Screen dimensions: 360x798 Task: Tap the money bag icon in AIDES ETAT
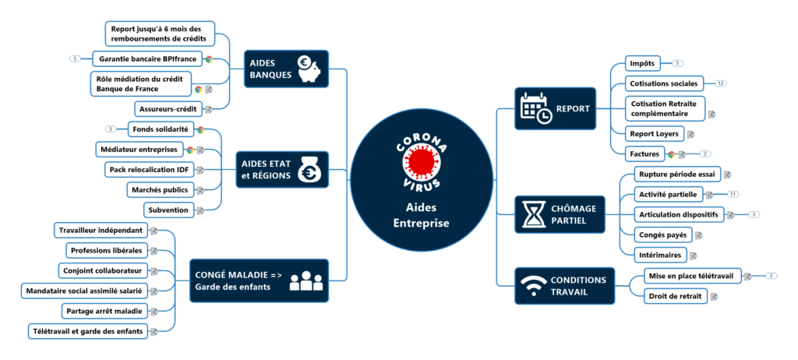coord(309,169)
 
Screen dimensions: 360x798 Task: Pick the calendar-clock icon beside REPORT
coord(536,108)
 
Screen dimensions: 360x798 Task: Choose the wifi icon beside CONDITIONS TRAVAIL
coord(533,286)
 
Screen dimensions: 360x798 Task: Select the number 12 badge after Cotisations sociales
coord(721,83)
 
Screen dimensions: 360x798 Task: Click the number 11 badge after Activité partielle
coord(733,193)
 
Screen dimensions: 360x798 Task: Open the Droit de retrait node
coord(674,295)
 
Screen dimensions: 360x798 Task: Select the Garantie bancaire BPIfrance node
coord(147,58)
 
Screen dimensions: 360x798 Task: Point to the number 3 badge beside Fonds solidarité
coord(111,129)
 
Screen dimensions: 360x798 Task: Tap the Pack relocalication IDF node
coord(149,169)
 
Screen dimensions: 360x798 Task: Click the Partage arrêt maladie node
coord(104,311)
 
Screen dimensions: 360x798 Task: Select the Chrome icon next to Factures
coord(671,154)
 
